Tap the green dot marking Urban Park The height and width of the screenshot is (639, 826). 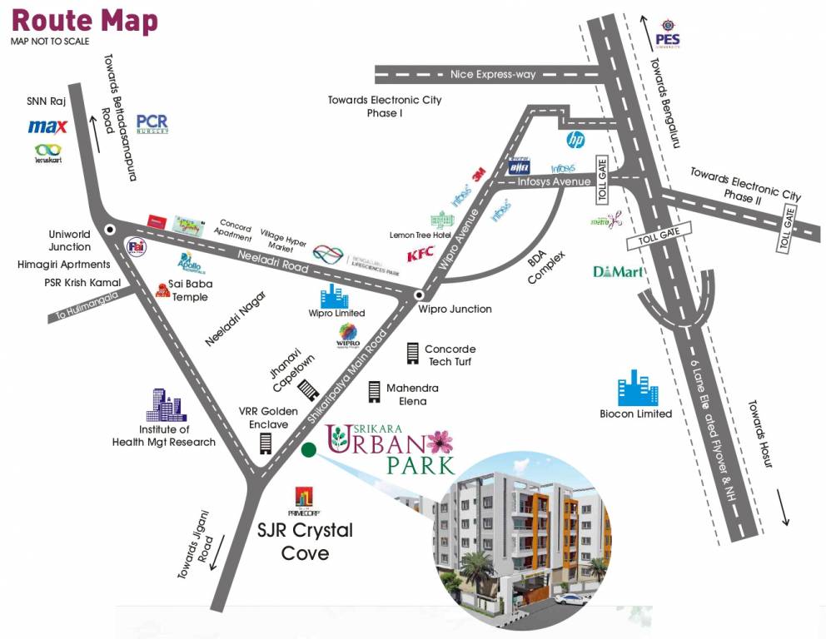(309, 450)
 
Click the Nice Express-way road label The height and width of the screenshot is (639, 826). (492, 74)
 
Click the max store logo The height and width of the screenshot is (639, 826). (47, 127)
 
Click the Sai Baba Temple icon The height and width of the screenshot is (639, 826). (162, 289)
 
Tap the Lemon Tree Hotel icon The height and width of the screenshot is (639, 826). (439, 220)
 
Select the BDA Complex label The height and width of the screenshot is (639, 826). (546, 267)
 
